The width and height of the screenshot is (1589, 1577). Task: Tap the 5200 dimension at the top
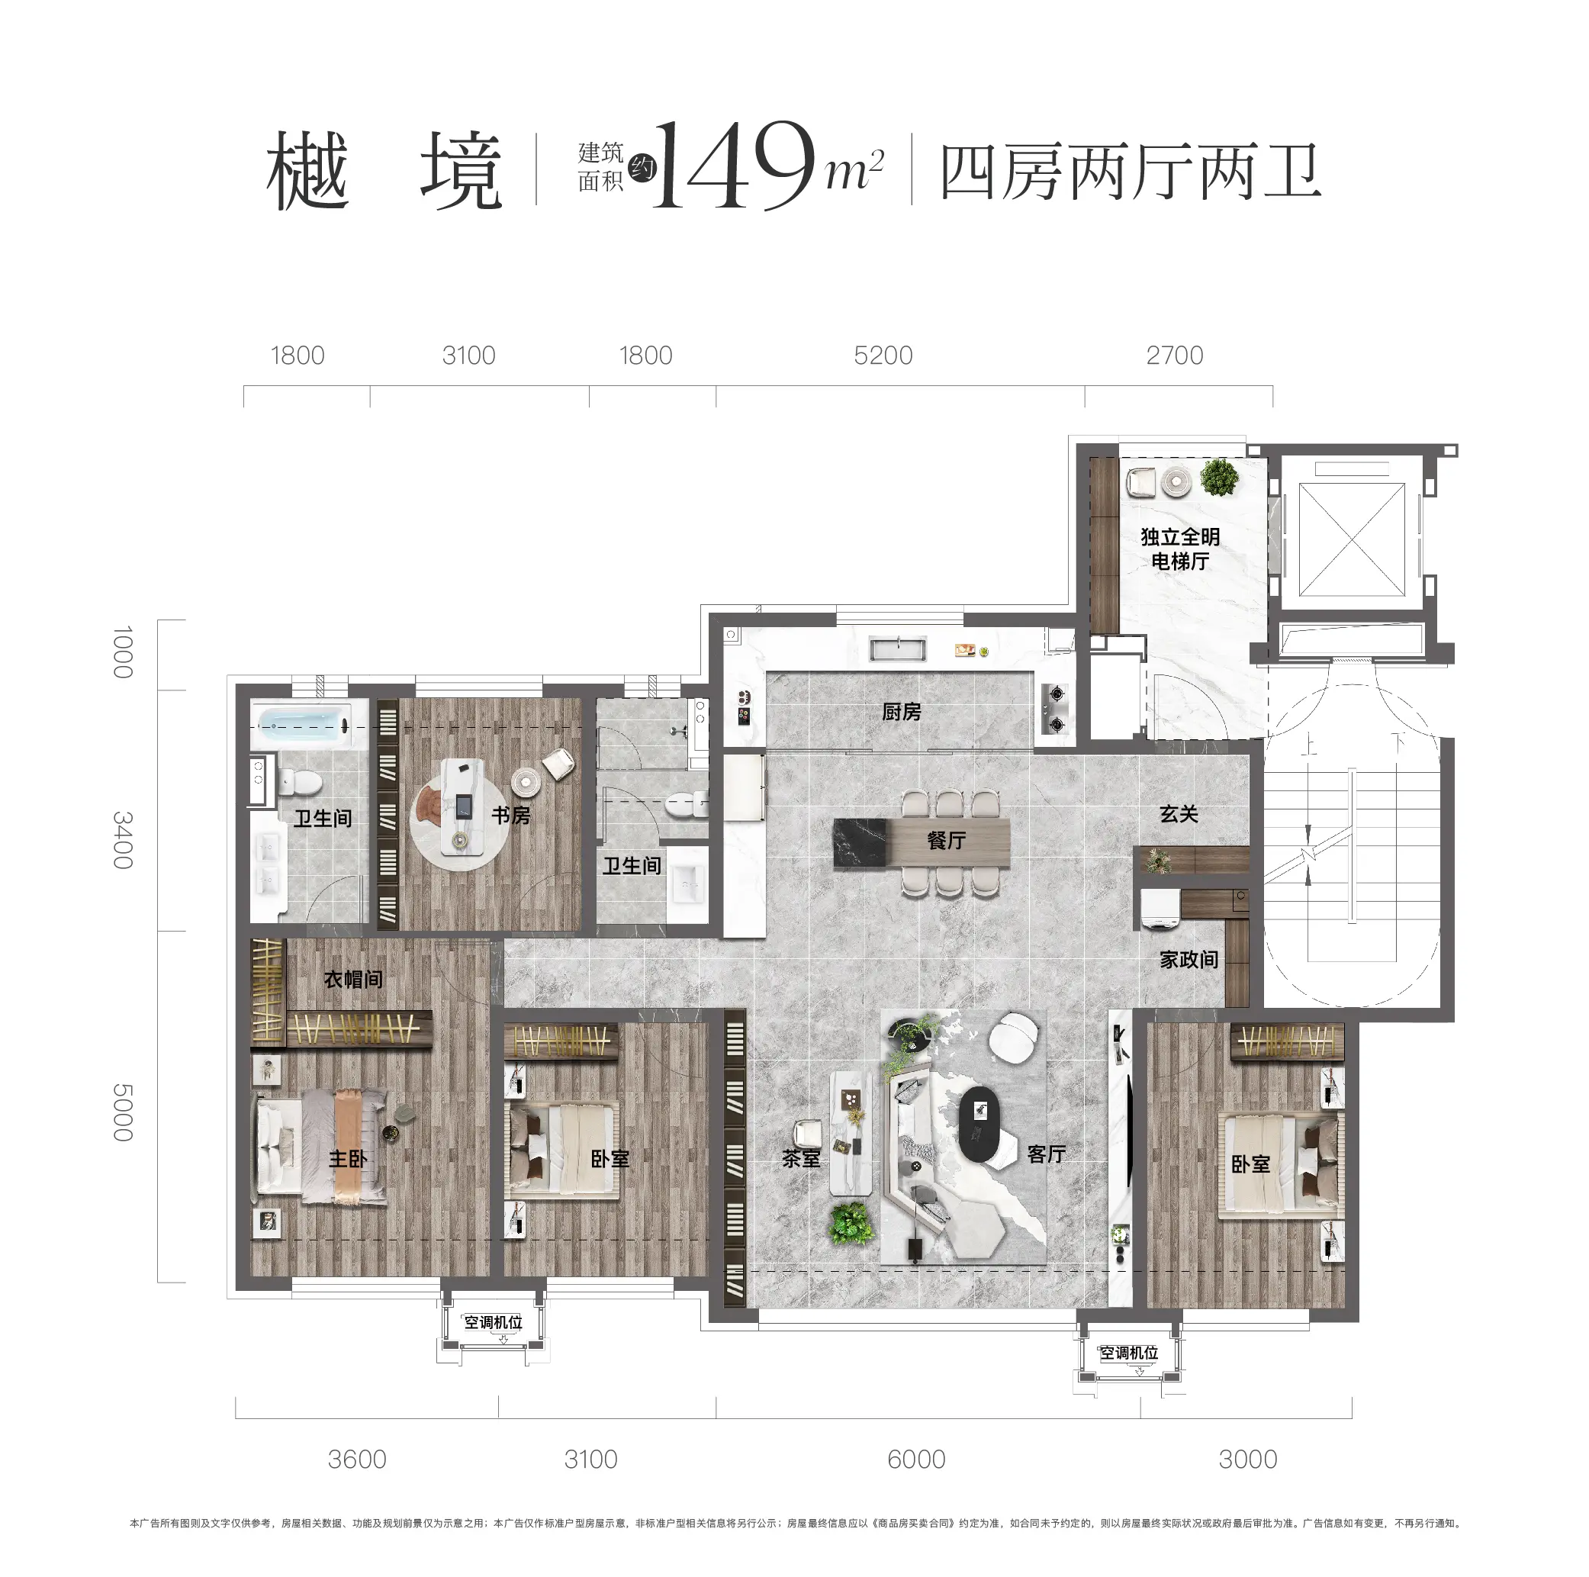pyautogui.click(x=883, y=356)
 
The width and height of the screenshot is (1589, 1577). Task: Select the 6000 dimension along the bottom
pyautogui.click(x=915, y=1459)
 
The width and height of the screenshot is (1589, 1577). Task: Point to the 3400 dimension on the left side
pyautogui.click(x=123, y=839)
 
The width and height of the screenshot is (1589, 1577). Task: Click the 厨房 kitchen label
pyautogui.click(x=901, y=712)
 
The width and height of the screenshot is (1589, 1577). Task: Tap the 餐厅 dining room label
pyautogui.click(x=946, y=840)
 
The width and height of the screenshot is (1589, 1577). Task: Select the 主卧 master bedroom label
pyautogui.click(x=348, y=1158)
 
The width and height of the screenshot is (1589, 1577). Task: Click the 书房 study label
pyautogui.click(x=511, y=816)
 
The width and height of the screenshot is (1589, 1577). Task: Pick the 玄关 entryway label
pyautogui.click(x=1178, y=813)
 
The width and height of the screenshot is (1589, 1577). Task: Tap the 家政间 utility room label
pyautogui.click(x=1189, y=959)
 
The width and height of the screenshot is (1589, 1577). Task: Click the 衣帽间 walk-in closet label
pyautogui.click(x=353, y=979)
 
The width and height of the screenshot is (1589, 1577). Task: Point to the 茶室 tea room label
pyautogui.click(x=800, y=1158)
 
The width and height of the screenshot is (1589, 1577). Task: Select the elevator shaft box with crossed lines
pyautogui.click(x=1351, y=539)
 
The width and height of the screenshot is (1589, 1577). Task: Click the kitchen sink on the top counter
pyautogui.click(x=897, y=649)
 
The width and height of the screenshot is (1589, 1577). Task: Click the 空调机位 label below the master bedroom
pyautogui.click(x=493, y=1322)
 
